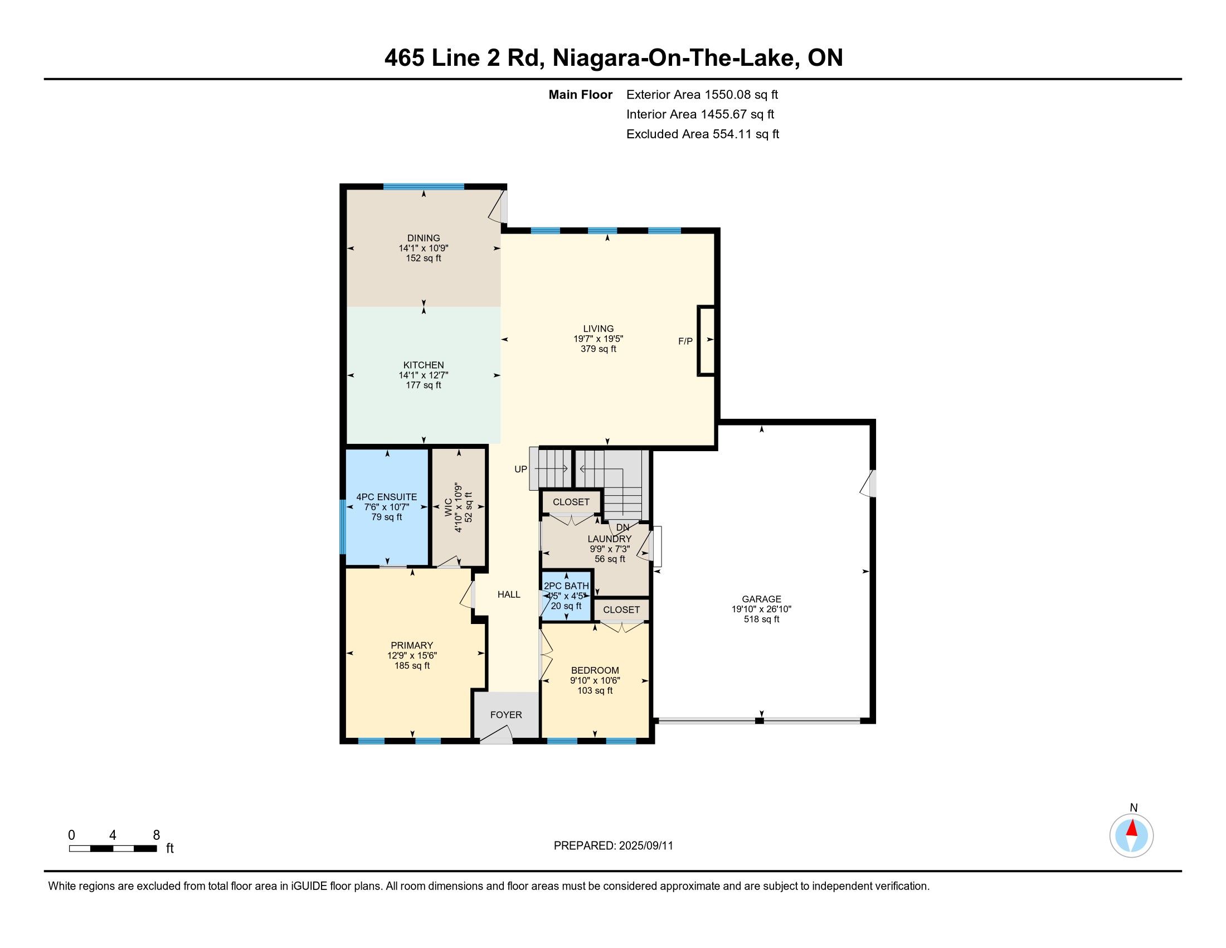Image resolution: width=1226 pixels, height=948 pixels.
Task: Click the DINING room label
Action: click(x=424, y=238)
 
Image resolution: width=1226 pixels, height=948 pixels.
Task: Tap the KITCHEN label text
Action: click(x=424, y=365)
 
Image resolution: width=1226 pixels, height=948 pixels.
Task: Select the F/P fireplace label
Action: click(x=685, y=341)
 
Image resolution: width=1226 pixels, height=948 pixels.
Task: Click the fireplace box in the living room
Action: click(x=706, y=340)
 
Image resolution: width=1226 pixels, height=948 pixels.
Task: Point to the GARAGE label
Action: click(x=762, y=599)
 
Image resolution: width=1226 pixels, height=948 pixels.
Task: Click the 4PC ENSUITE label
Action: click(x=387, y=497)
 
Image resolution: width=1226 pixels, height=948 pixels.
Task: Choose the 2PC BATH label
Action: click(x=566, y=586)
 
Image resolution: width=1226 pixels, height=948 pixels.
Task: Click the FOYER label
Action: click(x=507, y=715)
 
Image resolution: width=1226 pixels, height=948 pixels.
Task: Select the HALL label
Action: click(x=509, y=594)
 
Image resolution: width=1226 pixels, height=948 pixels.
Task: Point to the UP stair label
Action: click(x=521, y=469)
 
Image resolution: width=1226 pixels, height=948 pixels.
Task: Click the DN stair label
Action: click(x=623, y=528)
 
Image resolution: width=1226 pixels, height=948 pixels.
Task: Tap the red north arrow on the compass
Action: click(x=1132, y=828)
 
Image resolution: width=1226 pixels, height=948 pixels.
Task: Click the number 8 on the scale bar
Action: click(x=157, y=835)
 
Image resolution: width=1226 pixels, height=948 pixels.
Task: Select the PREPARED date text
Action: click(x=614, y=845)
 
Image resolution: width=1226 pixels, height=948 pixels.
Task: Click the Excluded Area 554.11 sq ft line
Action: click(x=703, y=134)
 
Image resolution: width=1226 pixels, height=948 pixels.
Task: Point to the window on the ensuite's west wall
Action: click(x=342, y=527)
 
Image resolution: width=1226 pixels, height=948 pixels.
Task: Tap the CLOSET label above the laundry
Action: click(x=571, y=502)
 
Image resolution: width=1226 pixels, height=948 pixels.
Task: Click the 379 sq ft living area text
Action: click(x=599, y=349)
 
